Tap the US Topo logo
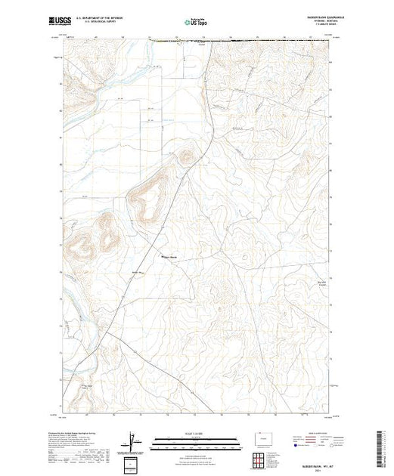(x=196, y=22)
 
